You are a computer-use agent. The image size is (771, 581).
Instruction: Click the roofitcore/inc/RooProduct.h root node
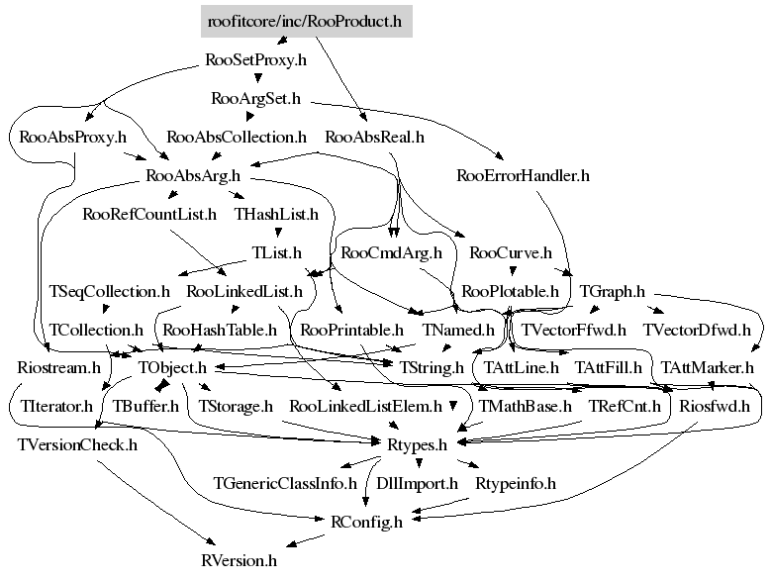(x=306, y=20)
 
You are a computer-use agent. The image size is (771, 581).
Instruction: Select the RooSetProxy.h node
(x=256, y=59)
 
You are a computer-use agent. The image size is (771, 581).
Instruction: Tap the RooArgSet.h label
(x=256, y=99)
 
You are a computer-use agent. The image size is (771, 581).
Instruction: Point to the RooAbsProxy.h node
(x=73, y=137)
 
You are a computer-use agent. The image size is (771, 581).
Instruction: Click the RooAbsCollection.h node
(x=237, y=137)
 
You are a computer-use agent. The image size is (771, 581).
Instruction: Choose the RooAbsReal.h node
(x=374, y=137)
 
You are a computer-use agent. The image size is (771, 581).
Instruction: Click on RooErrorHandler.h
(x=523, y=176)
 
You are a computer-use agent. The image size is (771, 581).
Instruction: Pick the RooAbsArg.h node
(x=193, y=176)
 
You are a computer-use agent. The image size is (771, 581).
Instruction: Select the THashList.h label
(x=276, y=214)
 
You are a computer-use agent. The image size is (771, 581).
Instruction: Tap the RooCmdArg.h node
(x=390, y=253)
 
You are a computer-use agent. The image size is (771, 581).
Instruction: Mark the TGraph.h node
(x=612, y=292)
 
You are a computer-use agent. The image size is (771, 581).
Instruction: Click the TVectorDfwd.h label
(x=697, y=330)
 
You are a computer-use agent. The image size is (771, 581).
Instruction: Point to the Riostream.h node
(x=59, y=368)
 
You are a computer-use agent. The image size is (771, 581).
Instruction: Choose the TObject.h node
(x=172, y=368)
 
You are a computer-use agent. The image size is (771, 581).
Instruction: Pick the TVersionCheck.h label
(x=77, y=444)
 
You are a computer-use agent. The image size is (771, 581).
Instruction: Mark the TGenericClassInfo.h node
(x=285, y=484)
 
